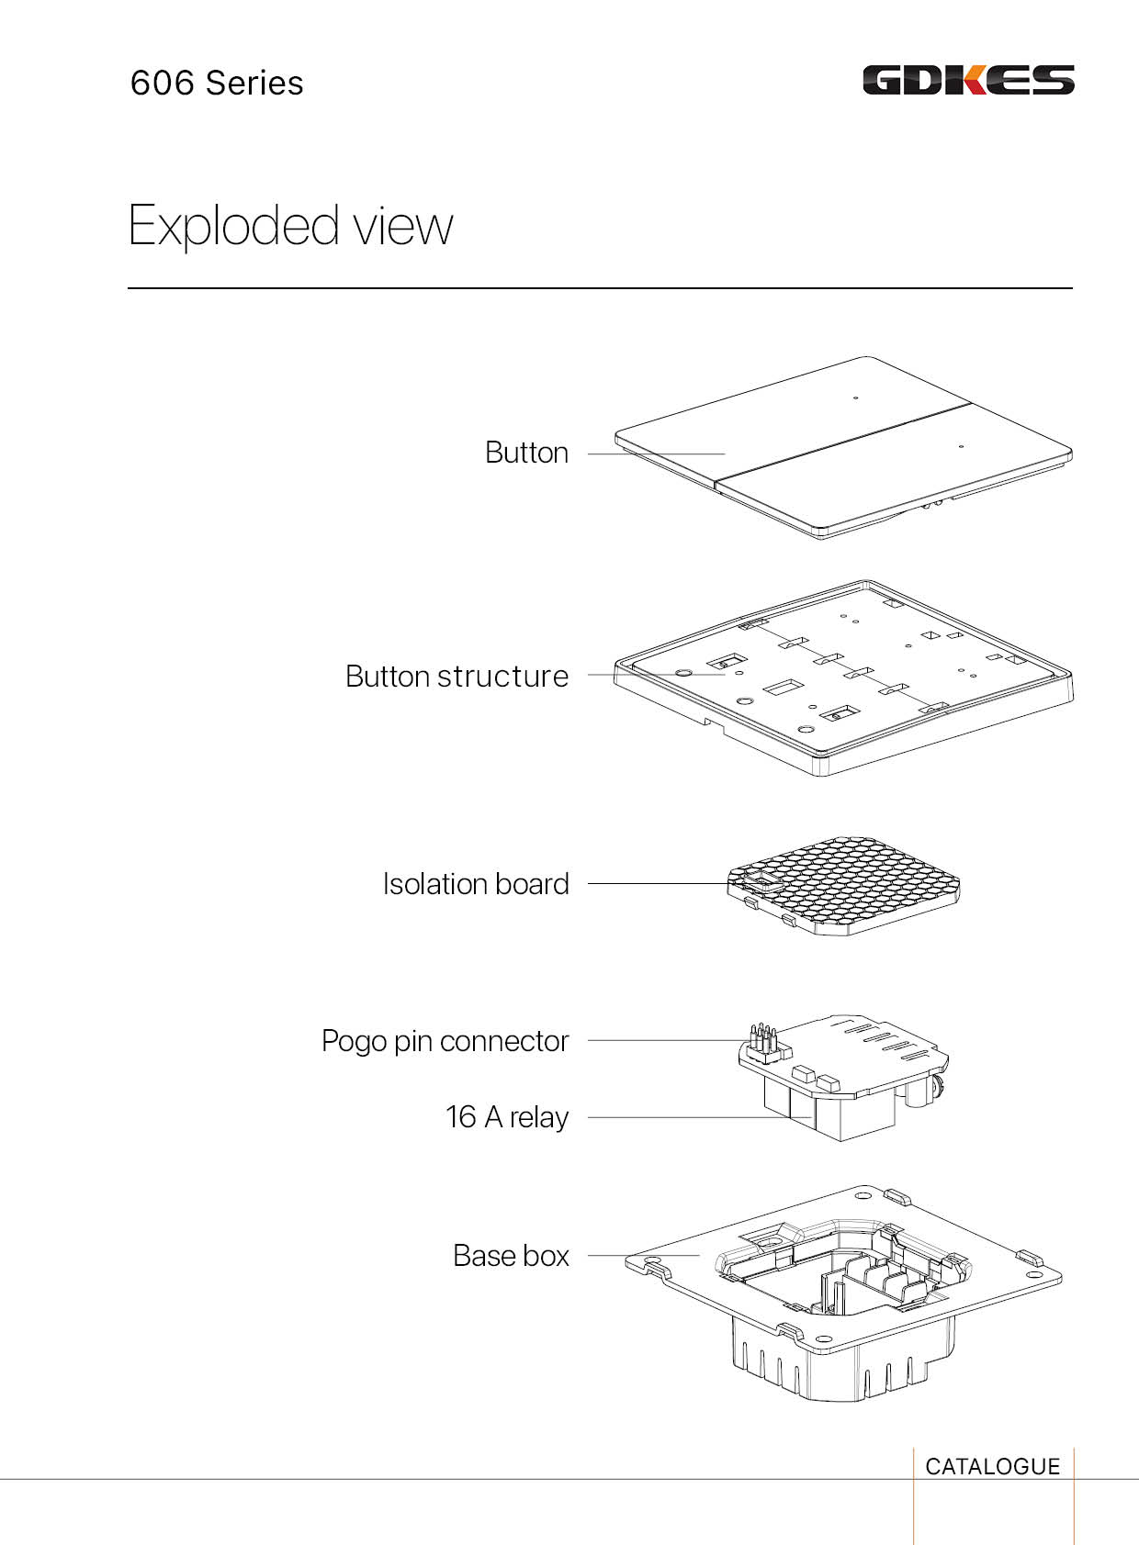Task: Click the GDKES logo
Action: coord(968,80)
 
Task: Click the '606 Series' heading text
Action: coord(217,83)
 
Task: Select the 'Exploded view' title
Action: coord(290,225)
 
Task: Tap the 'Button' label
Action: coord(526,453)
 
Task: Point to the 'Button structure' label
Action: coord(457,676)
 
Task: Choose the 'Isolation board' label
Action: coord(476,883)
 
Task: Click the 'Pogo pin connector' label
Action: coord(445,1040)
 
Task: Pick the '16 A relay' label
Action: coord(506,1116)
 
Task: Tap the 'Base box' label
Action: coord(511,1255)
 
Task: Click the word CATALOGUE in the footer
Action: coord(992,1466)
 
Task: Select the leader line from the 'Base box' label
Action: coord(643,1255)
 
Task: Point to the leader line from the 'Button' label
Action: coord(656,453)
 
